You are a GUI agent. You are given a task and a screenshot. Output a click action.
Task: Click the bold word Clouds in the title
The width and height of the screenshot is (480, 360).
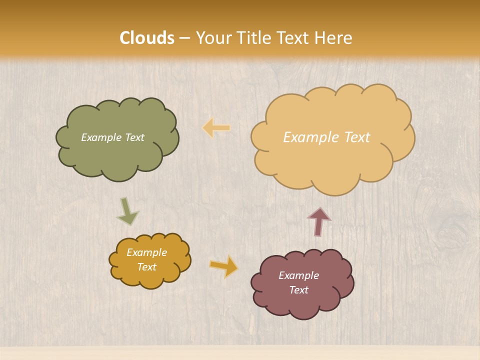[147, 38]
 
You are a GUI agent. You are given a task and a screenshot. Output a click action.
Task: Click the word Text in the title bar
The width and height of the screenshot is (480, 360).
[294, 38]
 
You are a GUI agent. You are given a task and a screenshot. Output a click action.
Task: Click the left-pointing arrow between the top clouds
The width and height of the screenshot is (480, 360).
[216, 128]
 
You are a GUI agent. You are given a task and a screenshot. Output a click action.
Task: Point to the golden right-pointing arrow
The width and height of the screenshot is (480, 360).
[223, 266]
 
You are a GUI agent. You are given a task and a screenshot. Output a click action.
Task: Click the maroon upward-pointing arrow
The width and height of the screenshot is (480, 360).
[319, 221]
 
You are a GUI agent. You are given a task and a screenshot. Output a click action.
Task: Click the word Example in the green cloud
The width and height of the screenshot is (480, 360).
[100, 137]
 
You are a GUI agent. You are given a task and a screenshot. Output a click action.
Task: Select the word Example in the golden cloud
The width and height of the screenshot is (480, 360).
[146, 252]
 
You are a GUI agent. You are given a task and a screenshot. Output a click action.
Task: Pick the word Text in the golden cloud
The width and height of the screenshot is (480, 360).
[146, 267]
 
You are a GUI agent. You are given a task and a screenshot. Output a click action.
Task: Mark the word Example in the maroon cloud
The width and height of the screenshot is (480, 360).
[298, 275]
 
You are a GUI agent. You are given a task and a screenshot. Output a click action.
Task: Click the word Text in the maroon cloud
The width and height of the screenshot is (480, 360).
[298, 290]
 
